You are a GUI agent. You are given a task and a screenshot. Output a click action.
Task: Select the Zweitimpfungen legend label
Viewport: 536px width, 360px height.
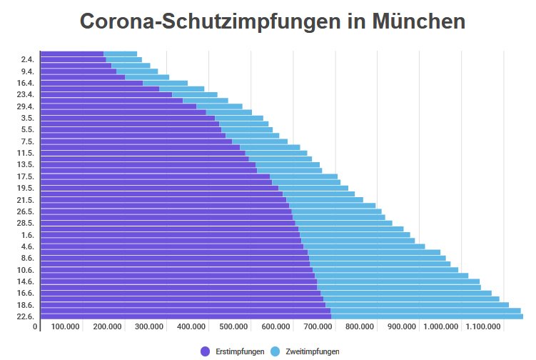click(312, 351)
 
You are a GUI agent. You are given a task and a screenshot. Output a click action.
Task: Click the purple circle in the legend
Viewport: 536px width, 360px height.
click(206, 351)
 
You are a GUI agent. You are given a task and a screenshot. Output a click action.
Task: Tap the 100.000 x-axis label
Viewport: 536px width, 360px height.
click(65, 327)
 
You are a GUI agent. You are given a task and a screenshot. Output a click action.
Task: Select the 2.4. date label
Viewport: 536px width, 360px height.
click(28, 60)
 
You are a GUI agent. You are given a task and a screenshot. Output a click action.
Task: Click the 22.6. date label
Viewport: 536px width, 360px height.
click(26, 316)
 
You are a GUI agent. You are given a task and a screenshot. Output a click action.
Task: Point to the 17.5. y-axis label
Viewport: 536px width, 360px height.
click(26, 176)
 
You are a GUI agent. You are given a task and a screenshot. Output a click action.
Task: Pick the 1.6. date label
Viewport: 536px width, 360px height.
click(28, 235)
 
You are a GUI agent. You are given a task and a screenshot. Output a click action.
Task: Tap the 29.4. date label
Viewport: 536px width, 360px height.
click(26, 106)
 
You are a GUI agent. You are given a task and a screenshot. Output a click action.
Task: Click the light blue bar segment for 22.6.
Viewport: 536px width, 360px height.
click(427, 316)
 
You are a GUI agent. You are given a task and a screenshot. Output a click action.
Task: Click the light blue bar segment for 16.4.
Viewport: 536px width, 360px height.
click(165, 83)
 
